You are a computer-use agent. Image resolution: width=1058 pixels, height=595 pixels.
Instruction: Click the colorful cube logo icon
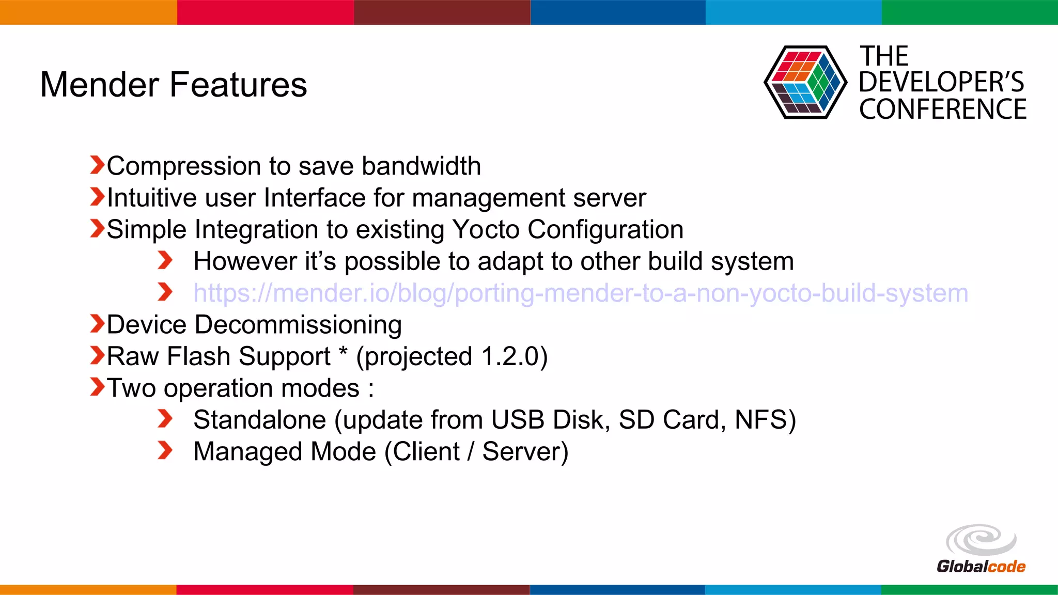click(x=805, y=83)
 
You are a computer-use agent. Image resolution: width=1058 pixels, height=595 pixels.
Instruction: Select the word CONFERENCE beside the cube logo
click(x=942, y=109)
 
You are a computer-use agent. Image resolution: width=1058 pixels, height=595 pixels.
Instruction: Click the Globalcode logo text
click(x=981, y=567)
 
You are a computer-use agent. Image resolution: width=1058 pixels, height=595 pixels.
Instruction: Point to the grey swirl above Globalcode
click(x=981, y=540)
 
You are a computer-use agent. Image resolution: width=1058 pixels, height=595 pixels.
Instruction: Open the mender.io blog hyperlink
click(x=580, y=293)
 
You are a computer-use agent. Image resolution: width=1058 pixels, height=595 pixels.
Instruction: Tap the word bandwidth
click(x=421, y=166)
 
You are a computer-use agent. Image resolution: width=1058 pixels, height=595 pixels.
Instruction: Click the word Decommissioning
click(x=298, y=325)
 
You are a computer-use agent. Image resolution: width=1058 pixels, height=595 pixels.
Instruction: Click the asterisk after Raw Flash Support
click(x=343, y=354)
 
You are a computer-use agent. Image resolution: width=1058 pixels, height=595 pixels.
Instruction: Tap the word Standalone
click(x=259, y=420)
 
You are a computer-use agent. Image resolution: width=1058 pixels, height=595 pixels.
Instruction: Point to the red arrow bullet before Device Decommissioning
click(x=97, y=324)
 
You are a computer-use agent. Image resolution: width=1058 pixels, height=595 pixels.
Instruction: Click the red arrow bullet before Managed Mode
click(x=165, y=450)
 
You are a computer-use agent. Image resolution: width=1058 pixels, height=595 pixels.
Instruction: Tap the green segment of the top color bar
click(x=969, y=12)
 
